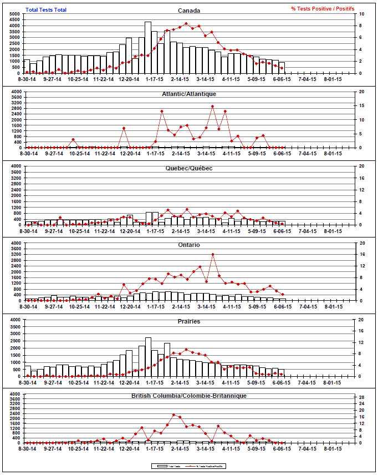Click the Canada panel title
click(x=190, y=10)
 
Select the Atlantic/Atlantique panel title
click(x=190, y=94)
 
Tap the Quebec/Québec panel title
click(x=190, y=168)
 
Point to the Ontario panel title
click(x=190, y=245)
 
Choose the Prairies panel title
click(x=190, y=321)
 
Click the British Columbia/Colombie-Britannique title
click(x=190, y=396)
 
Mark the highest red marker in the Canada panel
click(x=186, y=24)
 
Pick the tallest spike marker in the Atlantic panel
click(x=213, y=107)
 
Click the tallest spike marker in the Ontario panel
click(x=213, y=255)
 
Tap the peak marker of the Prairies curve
click(x=186, y=350)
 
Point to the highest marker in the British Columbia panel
click(x=174, y=415)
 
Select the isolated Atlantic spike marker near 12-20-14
click(x=124, y=129)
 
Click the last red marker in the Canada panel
click(x=282, y=68)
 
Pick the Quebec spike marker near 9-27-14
click(x=60, y=218)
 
